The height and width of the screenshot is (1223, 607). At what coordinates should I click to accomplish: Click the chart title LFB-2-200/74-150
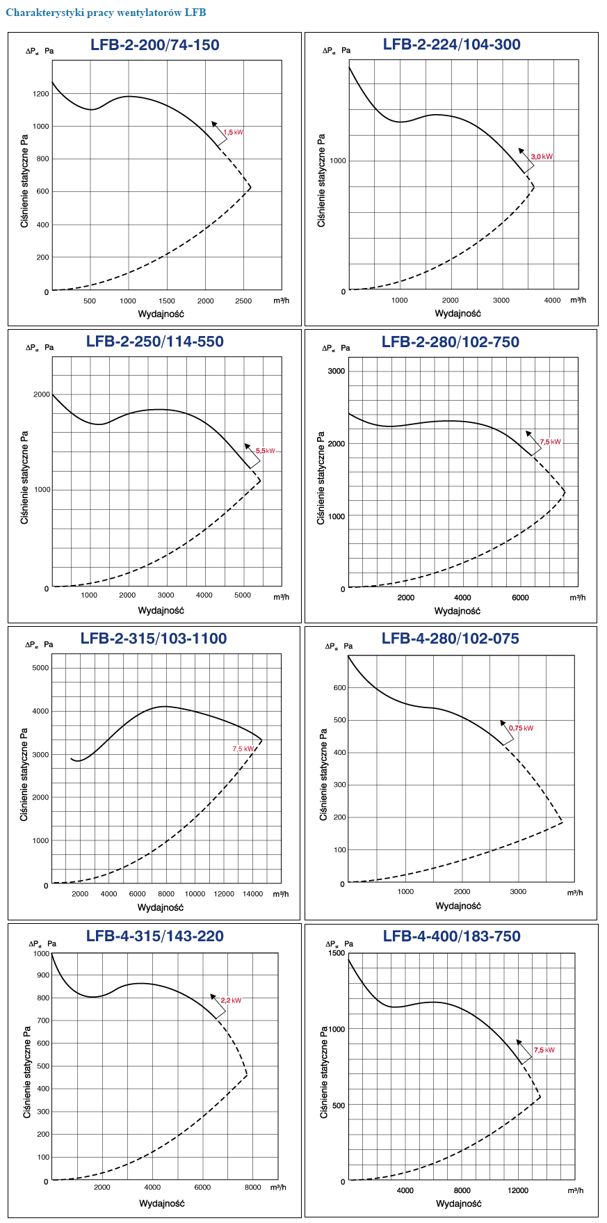click(154, 45)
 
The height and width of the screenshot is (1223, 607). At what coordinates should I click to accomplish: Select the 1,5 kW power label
click(233, 132)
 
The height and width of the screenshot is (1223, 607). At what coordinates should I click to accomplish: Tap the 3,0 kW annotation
click(542, 157)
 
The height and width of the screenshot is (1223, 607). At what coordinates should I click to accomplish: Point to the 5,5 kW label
click(265, 451)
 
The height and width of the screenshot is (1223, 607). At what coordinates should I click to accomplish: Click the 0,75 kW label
click(521, 728)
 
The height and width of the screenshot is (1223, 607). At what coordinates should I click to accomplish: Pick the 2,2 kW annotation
click(231, 1000)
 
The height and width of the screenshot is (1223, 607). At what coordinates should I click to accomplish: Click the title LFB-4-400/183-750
click(451, 936)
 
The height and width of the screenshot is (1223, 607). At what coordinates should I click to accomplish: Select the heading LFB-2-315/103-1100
click(154, 639)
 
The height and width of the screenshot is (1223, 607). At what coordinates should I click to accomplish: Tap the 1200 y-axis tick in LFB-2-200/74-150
click(41, 94)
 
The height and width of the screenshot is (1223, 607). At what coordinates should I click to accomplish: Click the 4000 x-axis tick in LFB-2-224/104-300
click(552, 301)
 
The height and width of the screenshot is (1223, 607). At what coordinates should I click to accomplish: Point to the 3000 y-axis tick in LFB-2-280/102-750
click(336, 371)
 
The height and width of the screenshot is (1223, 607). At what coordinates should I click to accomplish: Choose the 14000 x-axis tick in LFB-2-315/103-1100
click(253, 894)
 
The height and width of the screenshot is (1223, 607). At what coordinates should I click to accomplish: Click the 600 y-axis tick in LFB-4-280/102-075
click(339, 688)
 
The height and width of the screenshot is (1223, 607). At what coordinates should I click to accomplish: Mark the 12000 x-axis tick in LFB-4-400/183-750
click(518, 1190)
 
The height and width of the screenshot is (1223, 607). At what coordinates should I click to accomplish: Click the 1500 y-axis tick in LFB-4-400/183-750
click(337, 953)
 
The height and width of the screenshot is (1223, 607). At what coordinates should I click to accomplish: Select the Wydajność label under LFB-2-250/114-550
click(161, 611)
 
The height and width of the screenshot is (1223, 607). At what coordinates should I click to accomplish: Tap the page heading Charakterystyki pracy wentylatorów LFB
click(106, 13)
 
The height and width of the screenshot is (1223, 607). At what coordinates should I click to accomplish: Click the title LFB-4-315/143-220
click(155, 936)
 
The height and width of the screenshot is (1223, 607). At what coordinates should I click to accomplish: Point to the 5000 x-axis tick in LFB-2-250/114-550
click(242, 595)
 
